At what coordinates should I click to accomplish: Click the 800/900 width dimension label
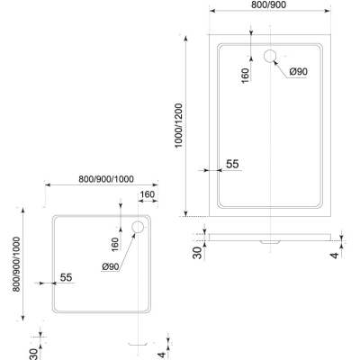point(268,4)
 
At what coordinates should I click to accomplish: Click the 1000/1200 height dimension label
point(179,126)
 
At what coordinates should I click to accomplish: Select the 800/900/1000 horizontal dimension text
point(106,179)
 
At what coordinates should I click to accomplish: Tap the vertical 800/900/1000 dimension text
point(16,265)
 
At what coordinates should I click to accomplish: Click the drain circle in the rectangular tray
point(270,56)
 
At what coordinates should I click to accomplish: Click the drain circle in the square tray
point(138,227)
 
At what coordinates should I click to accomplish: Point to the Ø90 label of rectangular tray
point(299,72)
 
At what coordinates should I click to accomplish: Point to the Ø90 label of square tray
point(111,266)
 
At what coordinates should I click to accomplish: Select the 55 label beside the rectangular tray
point(232,164)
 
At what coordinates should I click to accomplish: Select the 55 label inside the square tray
point(67,277)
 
